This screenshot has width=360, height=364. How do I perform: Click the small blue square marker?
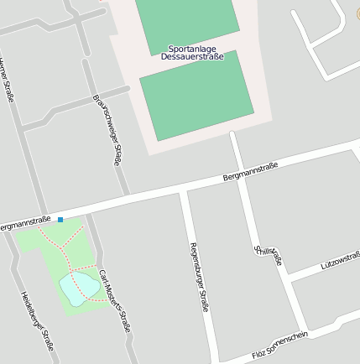pos(60,219)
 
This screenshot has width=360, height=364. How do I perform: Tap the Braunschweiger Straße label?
pos(109,129)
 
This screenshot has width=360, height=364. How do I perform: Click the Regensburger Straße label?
pos(199,277)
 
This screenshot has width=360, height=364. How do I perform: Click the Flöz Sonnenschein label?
pos(280,346)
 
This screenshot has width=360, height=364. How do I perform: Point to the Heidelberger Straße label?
pos(38,320)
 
